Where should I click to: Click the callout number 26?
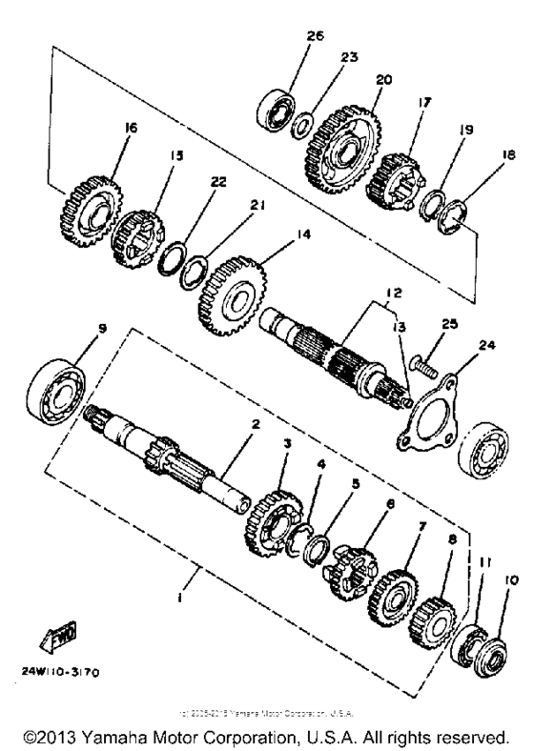tap(316, 37)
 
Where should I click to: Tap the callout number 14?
tap(277, 256)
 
